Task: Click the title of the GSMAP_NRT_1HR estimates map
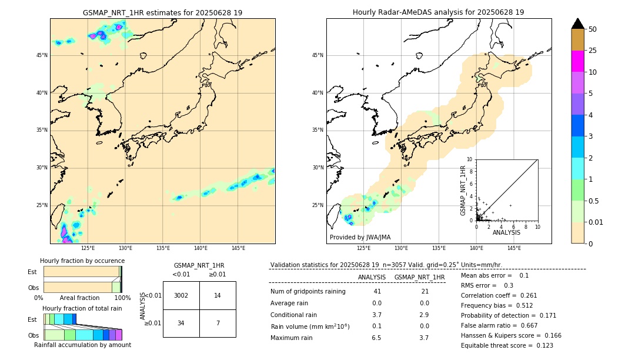click(x=162, y=12)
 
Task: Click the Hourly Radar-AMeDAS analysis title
click(x=438, y=12)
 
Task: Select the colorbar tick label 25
click(x=593, y=51)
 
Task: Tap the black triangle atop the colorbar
click(x=578, y=24)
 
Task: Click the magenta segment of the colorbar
click(x=578, y=61)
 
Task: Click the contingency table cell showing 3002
click(x=181, y=295)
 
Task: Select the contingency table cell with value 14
click(x=218, y=295)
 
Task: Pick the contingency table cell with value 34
click(x=181, y=323)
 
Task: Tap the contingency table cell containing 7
click(x=218, y=323)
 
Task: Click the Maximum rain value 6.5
click(x=376, y=338)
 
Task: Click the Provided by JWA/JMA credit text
click(x=360, y=237)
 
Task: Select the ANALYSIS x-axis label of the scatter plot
click(x=506, y=232)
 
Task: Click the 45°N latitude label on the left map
click(x=42, y=55)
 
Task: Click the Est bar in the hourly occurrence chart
click(x=82, y=271)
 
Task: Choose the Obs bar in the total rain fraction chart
click(x=82, y=335)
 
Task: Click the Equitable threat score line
click(x=507, y=345)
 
